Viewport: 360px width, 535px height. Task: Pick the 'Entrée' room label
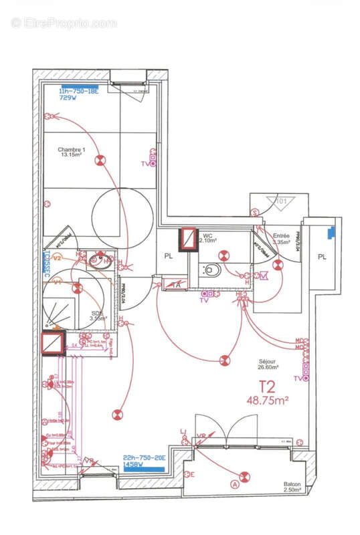(281, 235)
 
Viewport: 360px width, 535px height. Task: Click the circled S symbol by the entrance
(255, 213)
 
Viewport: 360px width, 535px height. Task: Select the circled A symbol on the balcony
(234, 484)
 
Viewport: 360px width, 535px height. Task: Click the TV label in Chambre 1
(144, 163)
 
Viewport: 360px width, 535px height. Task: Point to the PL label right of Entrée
(322, 256)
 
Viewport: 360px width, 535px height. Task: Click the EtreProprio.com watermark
(64, 23)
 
